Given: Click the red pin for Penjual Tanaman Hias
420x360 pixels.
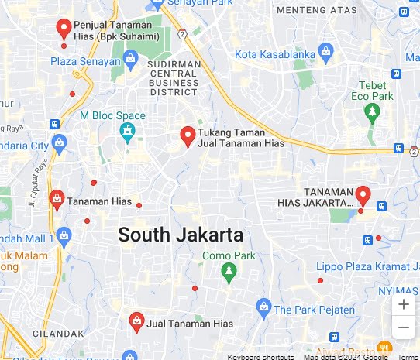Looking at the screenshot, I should point(64,29).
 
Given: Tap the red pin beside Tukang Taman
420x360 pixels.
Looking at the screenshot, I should point(187,136).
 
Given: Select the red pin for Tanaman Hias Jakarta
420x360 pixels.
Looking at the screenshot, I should point(362,194).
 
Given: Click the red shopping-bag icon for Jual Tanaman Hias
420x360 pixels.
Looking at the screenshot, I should point(136,320).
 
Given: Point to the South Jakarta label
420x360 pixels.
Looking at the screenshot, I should point(180,235).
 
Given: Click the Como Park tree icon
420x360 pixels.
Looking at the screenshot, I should point(228,271).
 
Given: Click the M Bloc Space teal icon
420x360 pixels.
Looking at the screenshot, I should point(126,131).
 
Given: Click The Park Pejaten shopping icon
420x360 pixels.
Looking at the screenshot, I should point(263,307).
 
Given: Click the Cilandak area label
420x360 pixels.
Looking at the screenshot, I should point(57,333).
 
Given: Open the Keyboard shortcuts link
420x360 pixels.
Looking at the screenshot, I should point(260,356).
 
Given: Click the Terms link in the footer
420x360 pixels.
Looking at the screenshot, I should point(408,356).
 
